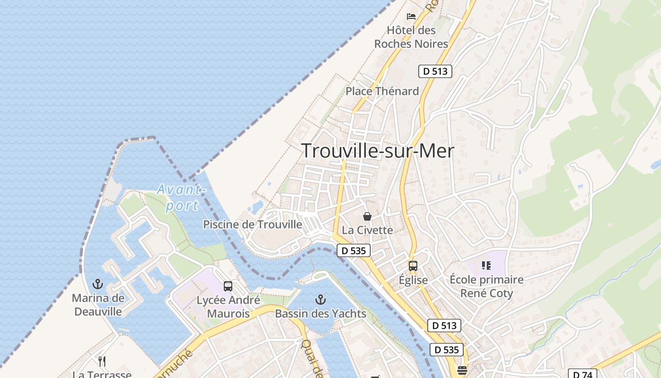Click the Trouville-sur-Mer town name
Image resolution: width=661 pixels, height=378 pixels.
coord(378,151)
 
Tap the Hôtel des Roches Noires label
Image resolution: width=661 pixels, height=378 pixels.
coord(411,37)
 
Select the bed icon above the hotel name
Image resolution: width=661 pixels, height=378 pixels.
coord(411,16)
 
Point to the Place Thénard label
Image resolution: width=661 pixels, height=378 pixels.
coord(382,91)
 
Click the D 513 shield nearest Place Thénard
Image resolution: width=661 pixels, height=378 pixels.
coord(435,71)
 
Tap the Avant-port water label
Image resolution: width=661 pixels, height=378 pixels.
coord(181,198)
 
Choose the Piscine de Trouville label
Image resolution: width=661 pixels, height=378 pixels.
coord(253,224)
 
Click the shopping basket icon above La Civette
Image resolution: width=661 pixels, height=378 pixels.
coord(367,216)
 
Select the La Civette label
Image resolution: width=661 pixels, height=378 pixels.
coord(367,230)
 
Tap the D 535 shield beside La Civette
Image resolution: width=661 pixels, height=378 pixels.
coord(354,250)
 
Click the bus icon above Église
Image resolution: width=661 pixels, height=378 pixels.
coord(413,266)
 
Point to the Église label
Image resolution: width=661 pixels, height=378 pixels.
coord(413,280)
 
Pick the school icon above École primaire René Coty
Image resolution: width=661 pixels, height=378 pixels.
coord(486,266)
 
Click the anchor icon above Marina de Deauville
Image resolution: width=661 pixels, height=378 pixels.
coord(98,284)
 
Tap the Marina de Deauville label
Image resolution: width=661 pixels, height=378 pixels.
coord(98,305)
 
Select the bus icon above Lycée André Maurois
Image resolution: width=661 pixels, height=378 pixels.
coord(228,286)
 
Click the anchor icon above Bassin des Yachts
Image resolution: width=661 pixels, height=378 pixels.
coord(321,299)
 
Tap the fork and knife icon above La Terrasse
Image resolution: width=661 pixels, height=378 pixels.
coord(102,361)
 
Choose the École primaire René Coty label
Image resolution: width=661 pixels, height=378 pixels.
coord(486,286)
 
